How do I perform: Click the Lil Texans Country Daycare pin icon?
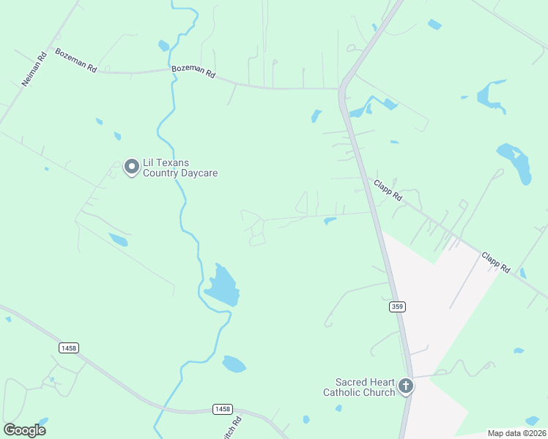tap(132, 168)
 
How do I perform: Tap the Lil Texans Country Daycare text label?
tap(180, 168)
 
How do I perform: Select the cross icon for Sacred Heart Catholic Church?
tap(405, 386)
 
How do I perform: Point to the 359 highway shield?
tap(397, 307)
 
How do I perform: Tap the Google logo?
tap(25, 429)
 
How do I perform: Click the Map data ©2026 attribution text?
tap(517, 433)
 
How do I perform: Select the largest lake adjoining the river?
tap(223, 286)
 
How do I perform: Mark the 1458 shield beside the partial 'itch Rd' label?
tap(222, 408)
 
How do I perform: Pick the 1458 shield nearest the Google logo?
tap(68, 348)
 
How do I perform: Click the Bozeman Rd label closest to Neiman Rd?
tap(76, 60)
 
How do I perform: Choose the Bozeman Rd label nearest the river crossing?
tap(193, 73)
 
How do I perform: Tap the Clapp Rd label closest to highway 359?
tap(388, 191)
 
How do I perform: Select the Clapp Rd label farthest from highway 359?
tap(496, 263)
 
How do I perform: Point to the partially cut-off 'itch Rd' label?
tap(237, 425)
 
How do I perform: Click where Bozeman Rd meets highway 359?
tap(341, 89)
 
